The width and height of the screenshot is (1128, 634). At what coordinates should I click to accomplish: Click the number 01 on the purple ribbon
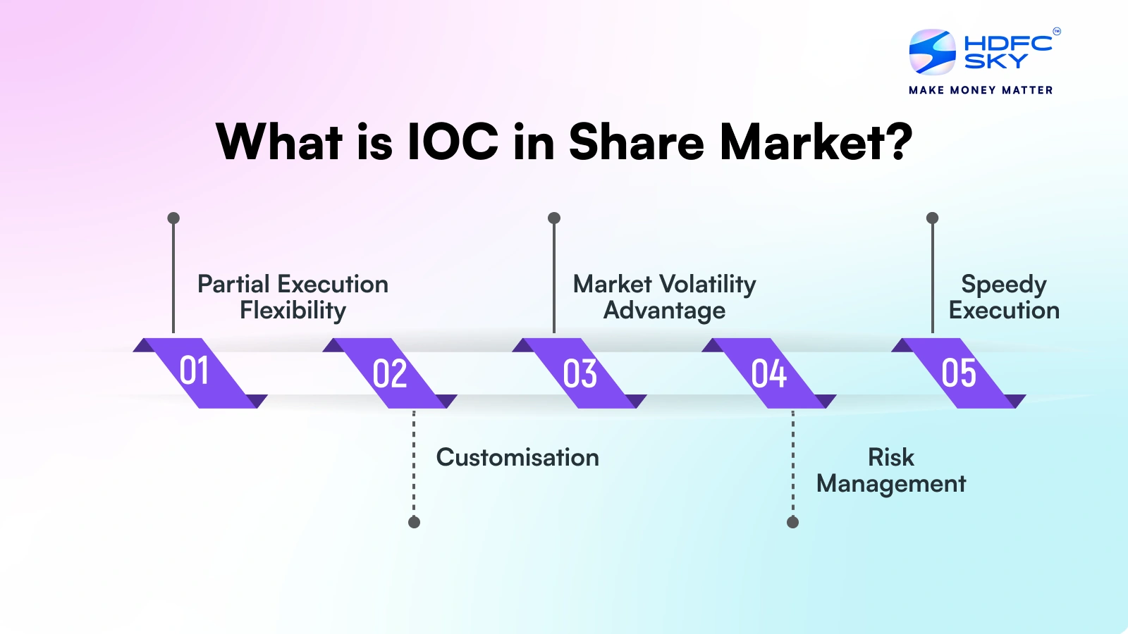[194, 371]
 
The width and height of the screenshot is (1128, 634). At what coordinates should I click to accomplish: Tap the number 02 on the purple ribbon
[390, 373]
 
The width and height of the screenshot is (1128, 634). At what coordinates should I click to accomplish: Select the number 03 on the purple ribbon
[580, 373]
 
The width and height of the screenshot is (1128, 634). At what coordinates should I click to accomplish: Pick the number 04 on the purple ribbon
[768, 373]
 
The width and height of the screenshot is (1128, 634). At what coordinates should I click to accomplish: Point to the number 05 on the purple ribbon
[959, 373]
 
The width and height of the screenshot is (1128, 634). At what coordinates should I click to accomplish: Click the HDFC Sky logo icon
[932, 52]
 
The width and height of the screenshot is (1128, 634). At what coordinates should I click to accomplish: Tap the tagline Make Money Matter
[981, 90]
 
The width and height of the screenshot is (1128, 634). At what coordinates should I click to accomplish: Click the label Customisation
[517, 458]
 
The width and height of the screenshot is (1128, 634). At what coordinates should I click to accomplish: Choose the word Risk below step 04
[890, 458]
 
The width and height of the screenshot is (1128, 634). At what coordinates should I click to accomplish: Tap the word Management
[890, 484]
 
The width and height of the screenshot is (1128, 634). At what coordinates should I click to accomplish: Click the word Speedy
[1003, 285]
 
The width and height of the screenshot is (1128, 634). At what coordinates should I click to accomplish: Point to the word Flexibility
[293, 311]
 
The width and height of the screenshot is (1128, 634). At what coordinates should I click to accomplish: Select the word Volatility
[708, 285]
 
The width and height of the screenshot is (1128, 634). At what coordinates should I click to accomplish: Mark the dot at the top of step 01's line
[173, 218]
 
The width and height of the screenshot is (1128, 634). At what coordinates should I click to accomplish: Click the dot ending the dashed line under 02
[414, 522]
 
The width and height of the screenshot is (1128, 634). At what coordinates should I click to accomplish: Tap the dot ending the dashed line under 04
[792, 522]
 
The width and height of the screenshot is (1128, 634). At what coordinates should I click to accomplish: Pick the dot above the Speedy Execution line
[932, 218]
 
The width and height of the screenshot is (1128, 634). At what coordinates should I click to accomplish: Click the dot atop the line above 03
[554, 218]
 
